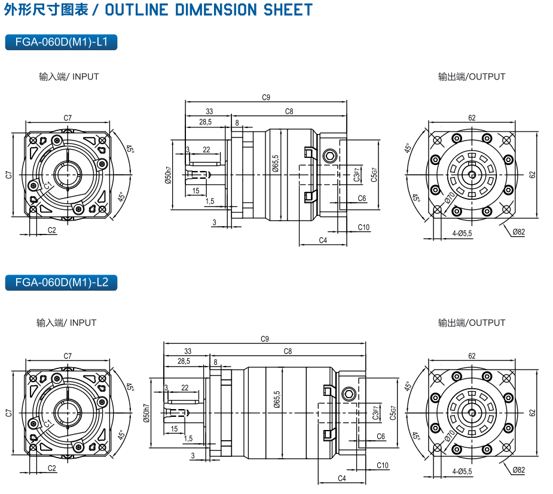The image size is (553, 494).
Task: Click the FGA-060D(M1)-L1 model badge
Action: point(61,42)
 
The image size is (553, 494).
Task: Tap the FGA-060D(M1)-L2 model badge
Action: point(61,282)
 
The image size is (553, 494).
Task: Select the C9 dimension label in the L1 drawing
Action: point(267,97)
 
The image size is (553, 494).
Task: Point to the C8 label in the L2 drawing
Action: point(288,351)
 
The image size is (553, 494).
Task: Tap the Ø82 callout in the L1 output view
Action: point(519,231)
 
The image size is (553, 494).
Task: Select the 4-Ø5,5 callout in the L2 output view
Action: point(462,471)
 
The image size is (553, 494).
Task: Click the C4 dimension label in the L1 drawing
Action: point(323,240)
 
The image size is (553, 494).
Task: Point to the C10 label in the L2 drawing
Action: point(383,465)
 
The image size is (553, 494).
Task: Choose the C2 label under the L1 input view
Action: point(52,230)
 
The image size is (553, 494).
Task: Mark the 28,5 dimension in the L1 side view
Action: point(205,121)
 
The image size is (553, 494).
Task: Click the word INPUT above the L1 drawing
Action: point(85,77)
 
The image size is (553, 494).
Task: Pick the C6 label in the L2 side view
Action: point(381,437)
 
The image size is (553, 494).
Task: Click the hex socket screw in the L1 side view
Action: point(329,157)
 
